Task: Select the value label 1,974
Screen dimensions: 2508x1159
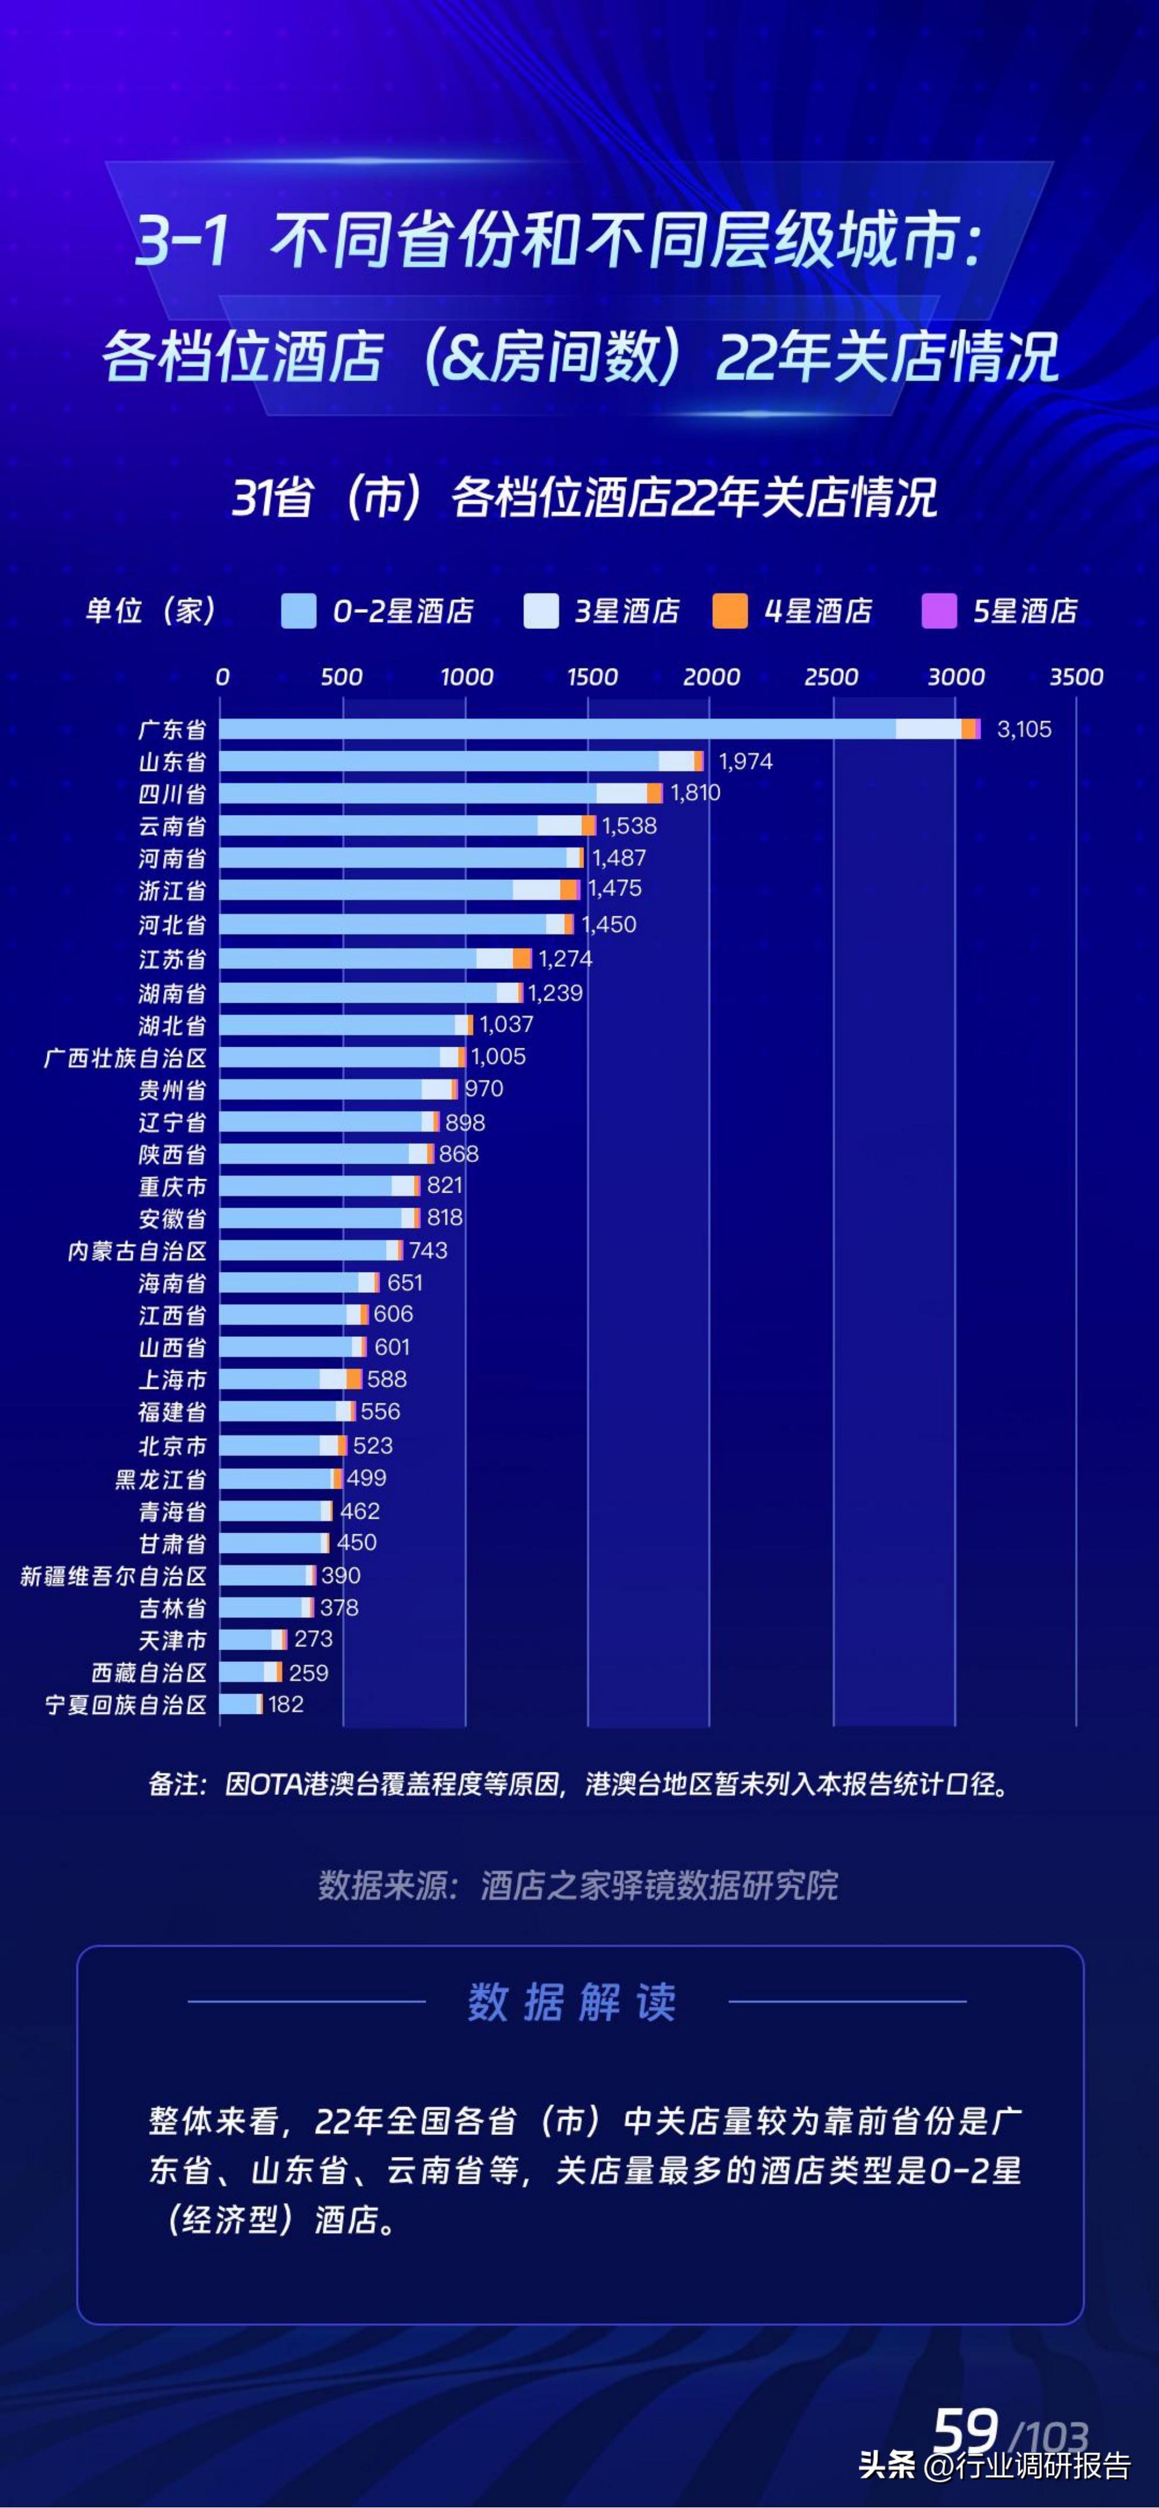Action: point(745,761)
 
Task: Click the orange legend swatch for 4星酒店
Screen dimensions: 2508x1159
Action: point(730,612)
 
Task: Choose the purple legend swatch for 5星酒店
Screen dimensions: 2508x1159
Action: point(939,612)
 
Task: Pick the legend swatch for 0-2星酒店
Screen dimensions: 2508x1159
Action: point(298,612)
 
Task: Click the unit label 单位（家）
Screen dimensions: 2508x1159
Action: point(151,612)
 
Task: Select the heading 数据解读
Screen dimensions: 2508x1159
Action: point(572,2003)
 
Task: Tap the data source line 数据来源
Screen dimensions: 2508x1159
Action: point(578,1886)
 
